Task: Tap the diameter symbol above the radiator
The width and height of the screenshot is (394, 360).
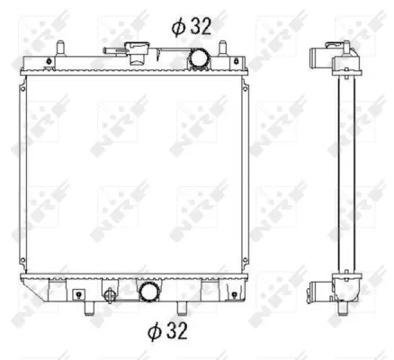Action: (180, 26)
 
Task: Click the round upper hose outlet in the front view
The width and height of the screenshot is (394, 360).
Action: (197, 58)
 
